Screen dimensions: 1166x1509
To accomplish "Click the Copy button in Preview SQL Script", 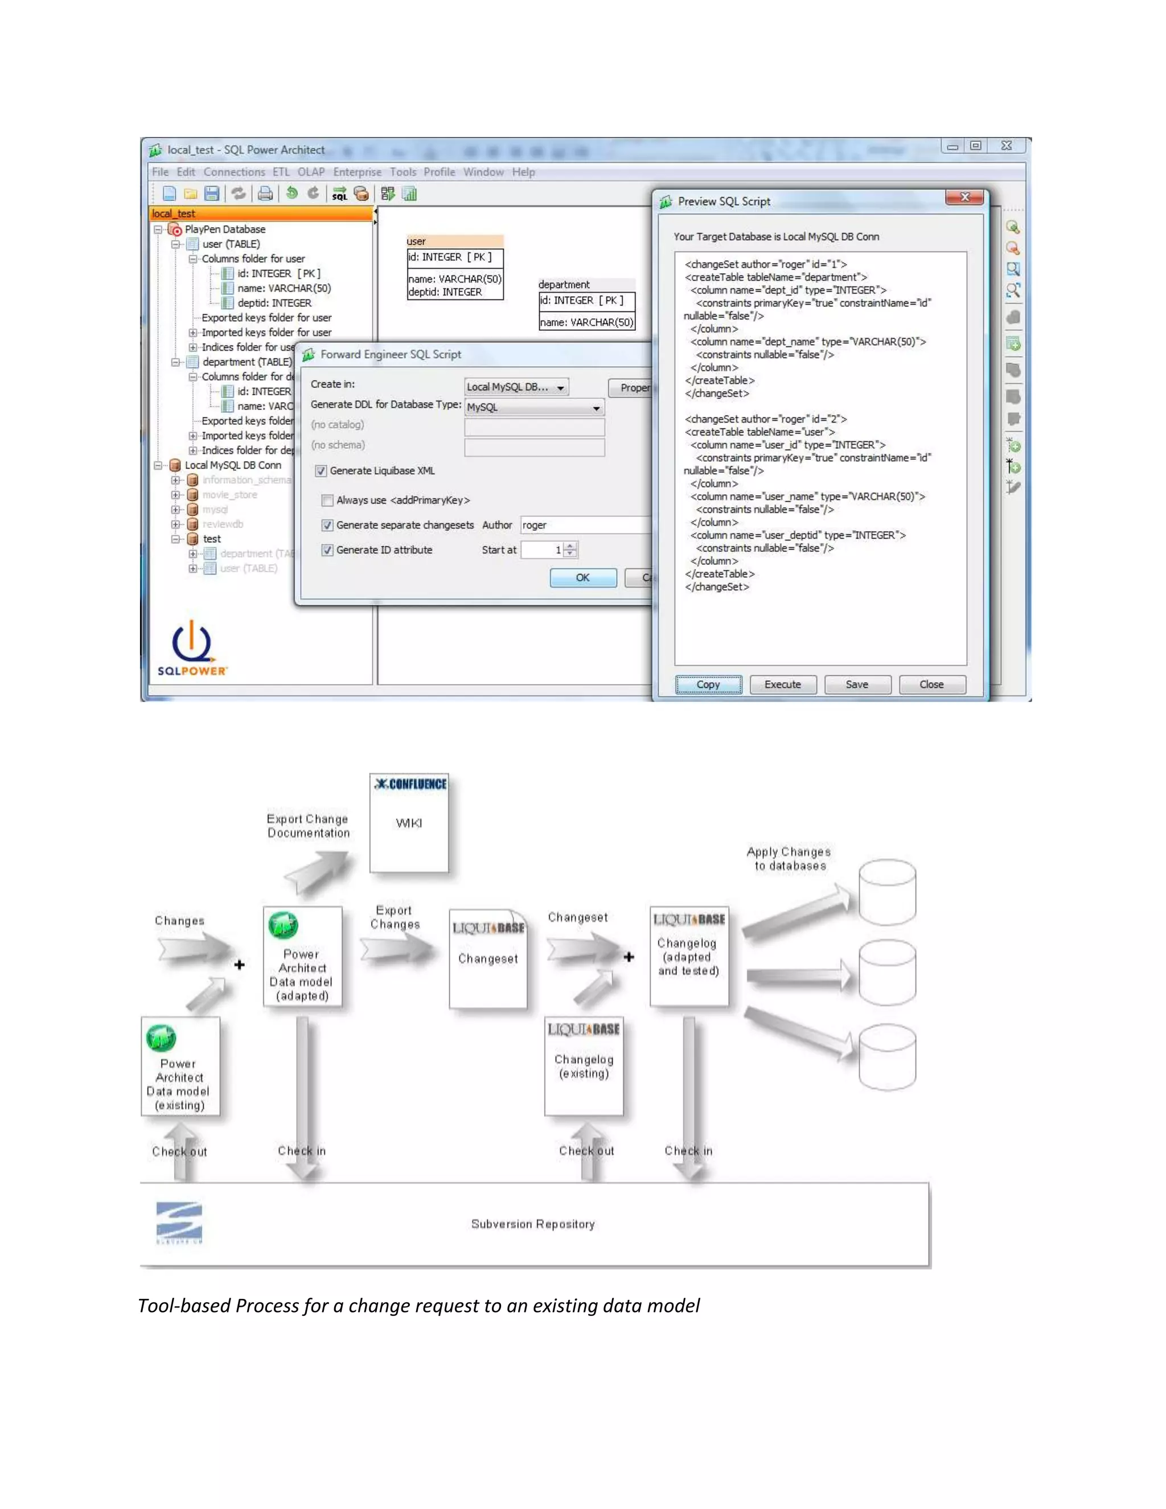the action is point(708,684).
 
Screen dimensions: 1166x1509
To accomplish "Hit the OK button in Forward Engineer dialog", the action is point(583,577).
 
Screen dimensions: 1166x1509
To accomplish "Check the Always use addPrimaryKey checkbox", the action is point(328,500).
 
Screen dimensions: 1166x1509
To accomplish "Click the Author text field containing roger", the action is point(584,525).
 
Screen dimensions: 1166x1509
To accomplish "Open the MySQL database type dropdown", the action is point(534,408).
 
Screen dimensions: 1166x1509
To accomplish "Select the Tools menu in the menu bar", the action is point(403,172).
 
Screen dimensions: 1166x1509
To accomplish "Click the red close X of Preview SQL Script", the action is point(965,198).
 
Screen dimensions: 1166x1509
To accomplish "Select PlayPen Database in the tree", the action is point(224,229).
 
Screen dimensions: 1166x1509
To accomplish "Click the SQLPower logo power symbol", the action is point(191,641).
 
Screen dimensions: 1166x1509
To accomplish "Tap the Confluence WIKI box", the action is point(409,822).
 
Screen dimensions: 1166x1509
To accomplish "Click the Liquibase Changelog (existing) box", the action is point(584,1065).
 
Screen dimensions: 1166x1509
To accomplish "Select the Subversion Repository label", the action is point(532,1224).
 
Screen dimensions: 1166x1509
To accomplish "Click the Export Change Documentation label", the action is point(308,826).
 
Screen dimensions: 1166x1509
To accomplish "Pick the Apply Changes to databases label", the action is point(789,858).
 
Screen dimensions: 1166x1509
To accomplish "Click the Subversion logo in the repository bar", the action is point(179,1221).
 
